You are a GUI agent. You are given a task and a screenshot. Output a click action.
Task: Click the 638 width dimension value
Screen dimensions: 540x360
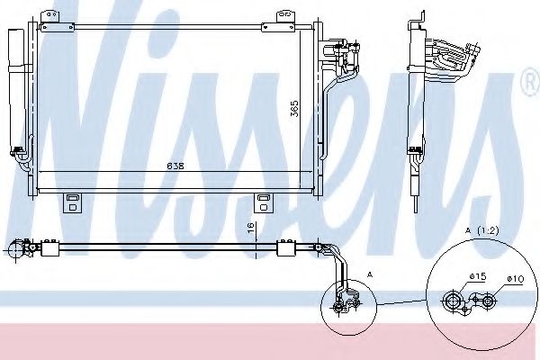point(175,166)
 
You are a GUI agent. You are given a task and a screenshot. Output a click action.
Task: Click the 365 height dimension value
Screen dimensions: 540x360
point(294,109)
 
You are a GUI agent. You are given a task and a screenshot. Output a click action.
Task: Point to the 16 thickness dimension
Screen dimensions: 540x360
point(251,228)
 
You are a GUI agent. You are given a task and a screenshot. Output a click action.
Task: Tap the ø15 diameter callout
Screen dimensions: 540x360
point(477,276)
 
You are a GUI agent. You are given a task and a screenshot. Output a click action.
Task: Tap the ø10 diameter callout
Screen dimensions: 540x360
point(515,279)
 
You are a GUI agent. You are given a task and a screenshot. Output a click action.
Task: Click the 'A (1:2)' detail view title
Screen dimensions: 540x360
point(482,230)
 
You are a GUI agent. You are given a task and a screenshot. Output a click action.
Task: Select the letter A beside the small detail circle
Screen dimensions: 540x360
point(370,274)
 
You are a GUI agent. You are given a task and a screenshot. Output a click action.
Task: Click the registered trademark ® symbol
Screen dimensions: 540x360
point(531,82)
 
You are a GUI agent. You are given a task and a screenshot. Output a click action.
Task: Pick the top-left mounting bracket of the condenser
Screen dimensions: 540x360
point(49,17)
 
